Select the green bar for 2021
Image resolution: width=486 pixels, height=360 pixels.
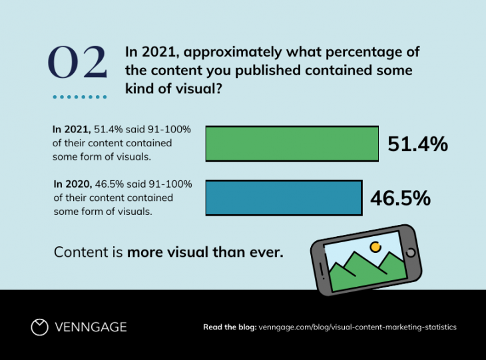pyautogui.click(x=292, y=144)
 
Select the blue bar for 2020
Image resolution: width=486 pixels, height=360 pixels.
pyautogui.click(x=284, y=197)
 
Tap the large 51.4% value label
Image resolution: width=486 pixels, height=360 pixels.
pyautogui.click(x=417, y=144)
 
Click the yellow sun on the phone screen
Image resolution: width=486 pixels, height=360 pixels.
pyautogui.click(x=375, y=247)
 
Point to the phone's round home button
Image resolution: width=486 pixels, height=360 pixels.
pyautogui.click(x=410, y=253)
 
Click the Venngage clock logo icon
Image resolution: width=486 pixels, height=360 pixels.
pyautogui.click(x=40, y=327)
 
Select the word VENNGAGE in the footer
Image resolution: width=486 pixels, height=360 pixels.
pyautogui.click(x=91, y=327)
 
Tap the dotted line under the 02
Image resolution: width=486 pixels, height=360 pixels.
pyautogui.click(x=79, y=97)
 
